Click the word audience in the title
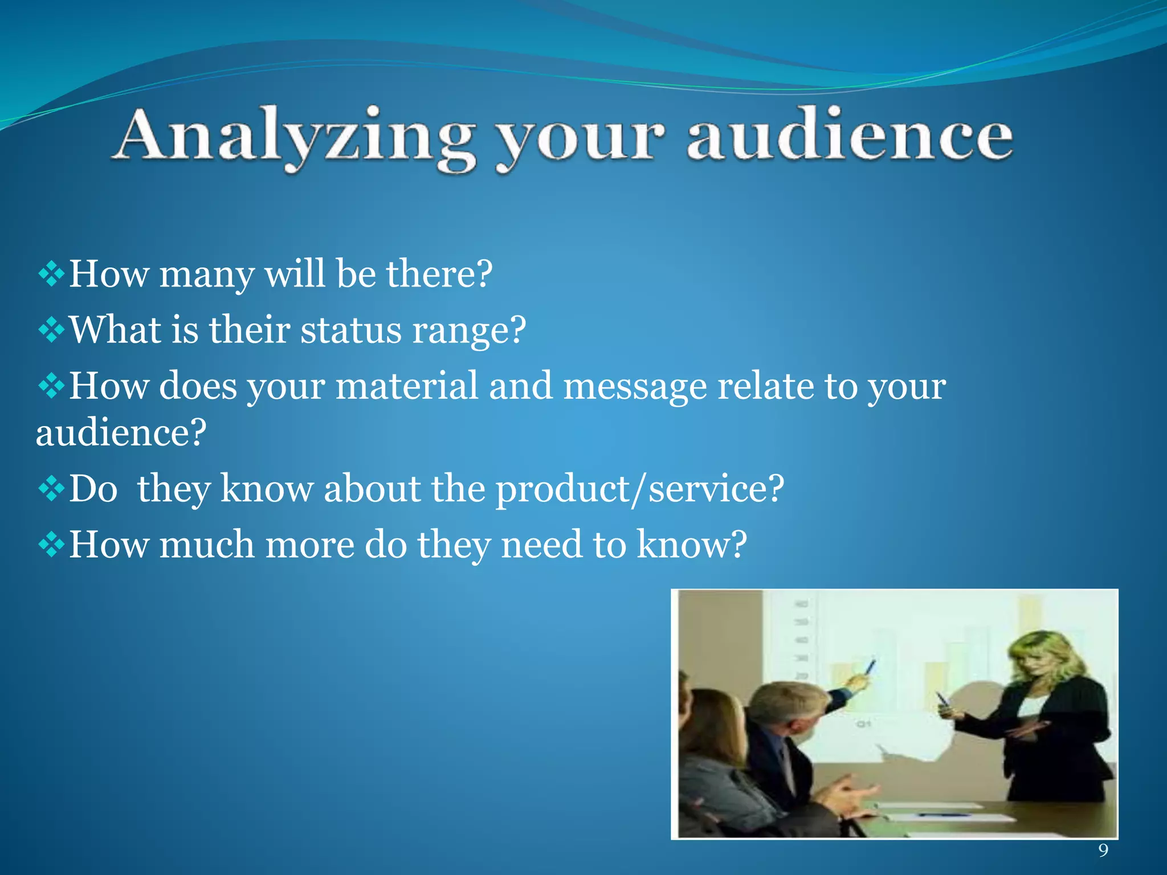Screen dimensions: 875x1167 [x=849, y=137]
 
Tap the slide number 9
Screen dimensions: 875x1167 [x=1103, y=851]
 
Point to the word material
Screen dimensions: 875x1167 [x=406, y=386]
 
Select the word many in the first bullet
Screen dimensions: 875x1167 [x=206, y=275]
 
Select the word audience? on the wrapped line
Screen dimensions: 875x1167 [x=121, y=433]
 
